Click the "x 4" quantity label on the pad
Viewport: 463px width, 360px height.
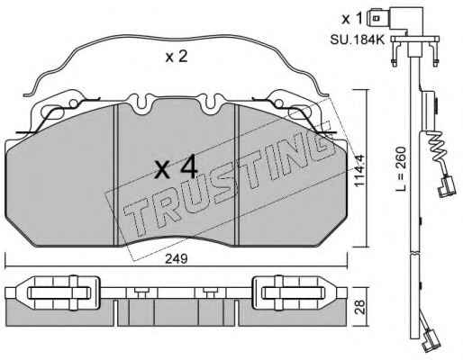[x=177, y=166]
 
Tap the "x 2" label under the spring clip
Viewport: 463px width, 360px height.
[x=177, y=57]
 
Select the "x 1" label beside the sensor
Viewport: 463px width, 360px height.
[x=352, y=19]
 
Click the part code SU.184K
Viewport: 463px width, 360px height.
[x=358, y=40]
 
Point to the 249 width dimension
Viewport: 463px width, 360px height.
[x=177, y=258]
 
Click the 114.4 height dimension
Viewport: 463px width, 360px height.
[x=359, y=170]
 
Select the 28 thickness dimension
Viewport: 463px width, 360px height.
[x=360, y=307]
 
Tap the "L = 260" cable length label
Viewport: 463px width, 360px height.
[x=401, y=168]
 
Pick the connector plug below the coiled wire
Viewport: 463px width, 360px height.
[x=447, y=186]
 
